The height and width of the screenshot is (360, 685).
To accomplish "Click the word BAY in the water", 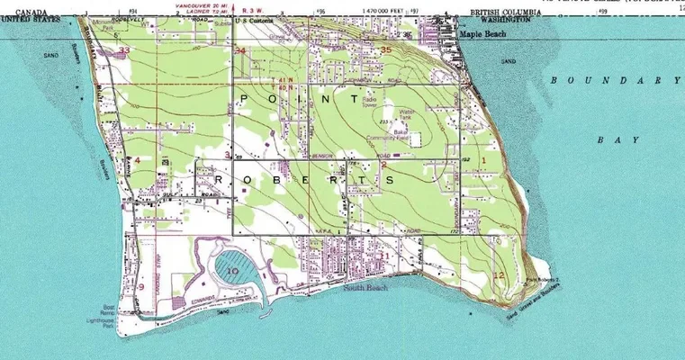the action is pyautogui.click(x=617, y=140).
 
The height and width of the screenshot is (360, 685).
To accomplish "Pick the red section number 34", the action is pyautogui.click(x=239, y=51).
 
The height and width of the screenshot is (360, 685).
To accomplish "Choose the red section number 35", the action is pyautogui.click(x=386, y=49).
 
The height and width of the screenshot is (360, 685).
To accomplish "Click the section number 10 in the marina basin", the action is pyautogui.click(x=231, y=270).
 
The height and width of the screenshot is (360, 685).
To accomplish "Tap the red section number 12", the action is pyautogui.click(x=499, y=274).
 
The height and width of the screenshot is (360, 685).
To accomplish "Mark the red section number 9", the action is pyautogui.click(x=140, y=287).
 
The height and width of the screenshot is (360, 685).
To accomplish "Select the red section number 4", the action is pyautogui.click(x=137, y=160).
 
